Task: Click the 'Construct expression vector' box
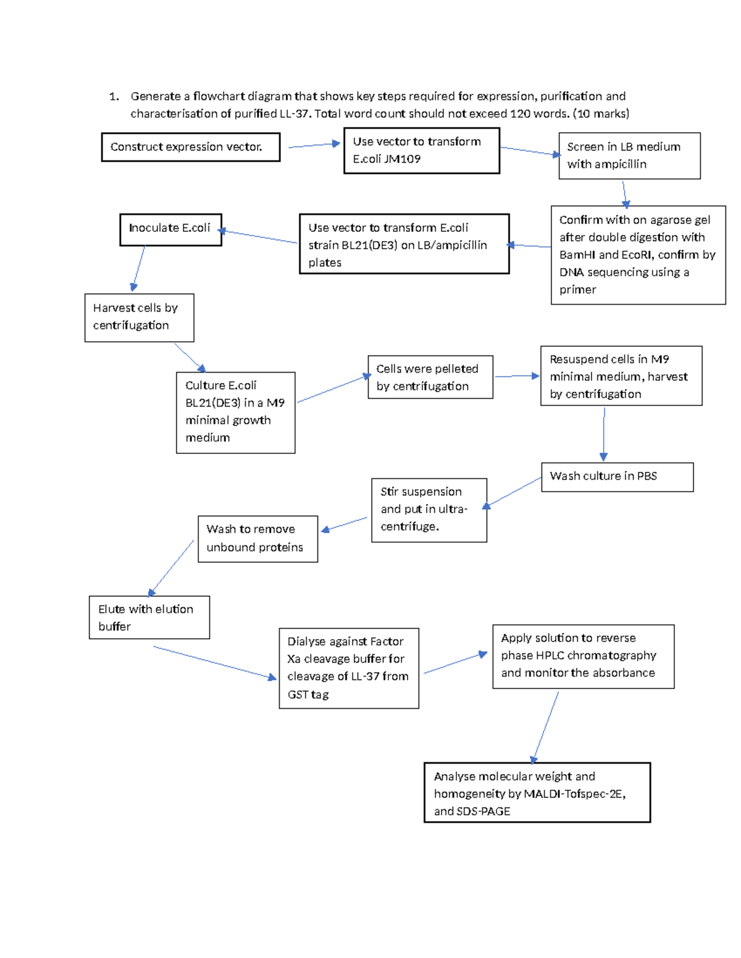click(190, 147)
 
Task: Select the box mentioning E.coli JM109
click(421, 151)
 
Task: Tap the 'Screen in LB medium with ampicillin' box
click(629, 156)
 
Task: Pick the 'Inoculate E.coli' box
click(170, 229)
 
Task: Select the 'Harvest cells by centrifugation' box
click(139, 317)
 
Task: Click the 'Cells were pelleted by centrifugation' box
click(430, 377)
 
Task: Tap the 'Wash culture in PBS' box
click(617, 477)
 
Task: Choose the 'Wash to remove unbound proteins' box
click(257, 539)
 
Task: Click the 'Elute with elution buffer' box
click(149, 617)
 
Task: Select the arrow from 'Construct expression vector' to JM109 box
click(314, 145)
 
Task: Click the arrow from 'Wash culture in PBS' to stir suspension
click(514, 492)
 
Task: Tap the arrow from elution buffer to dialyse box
click(214, 663)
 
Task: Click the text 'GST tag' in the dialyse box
click(308, 695)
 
